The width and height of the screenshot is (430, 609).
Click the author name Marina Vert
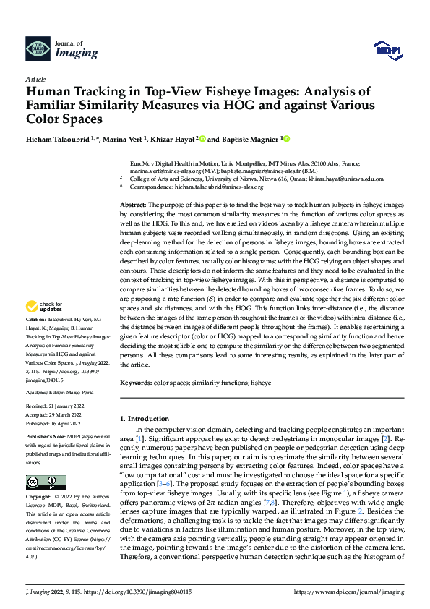[x=126, y=139]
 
